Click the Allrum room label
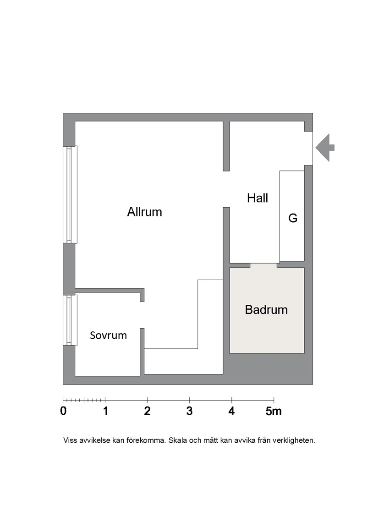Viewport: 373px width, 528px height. pyautogui.click(x=144, y=212)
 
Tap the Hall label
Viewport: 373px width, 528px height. pyautogui.click(x=258, y=198)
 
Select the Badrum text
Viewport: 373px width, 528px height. pyautogui.click(x=266, y=310)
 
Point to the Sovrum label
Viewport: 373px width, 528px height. pyautogui.click(x=109, y=335)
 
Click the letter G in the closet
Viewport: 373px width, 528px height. pyautogui.click(x=293, y=218)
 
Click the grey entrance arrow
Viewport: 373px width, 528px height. pyautogui.click(x=325, y=148)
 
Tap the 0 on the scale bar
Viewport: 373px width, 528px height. pyautogui.click(x=63, y=411)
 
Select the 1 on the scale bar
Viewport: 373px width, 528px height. pyautogui.click(x=105, y=411)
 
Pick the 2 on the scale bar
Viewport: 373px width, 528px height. pyautogui.click(x=147, y=411)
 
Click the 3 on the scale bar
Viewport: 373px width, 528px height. pyautogui.click(x=190, y=411)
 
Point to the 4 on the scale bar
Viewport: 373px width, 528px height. pyautogui.click(x=231, y=411)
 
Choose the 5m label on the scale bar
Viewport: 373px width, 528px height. pyautogui.click(x=274, y=411)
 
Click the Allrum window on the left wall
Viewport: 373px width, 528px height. pyautogui.click(x=70, y=194)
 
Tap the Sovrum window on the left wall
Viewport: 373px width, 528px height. pyautogui.click(x=70, y=320)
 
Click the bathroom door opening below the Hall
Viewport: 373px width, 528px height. pyautogui.click(x=263, y=265)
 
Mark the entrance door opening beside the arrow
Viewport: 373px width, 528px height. pyautogui.click(x=309, y=148)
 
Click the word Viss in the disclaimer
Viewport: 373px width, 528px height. pyautogui.click(x=70, y=440)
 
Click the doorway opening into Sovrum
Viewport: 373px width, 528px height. pyautogui.click(x=142, y=315)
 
